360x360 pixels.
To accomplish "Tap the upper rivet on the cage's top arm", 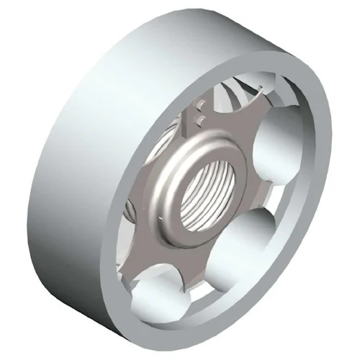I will [x=201, y=109].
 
